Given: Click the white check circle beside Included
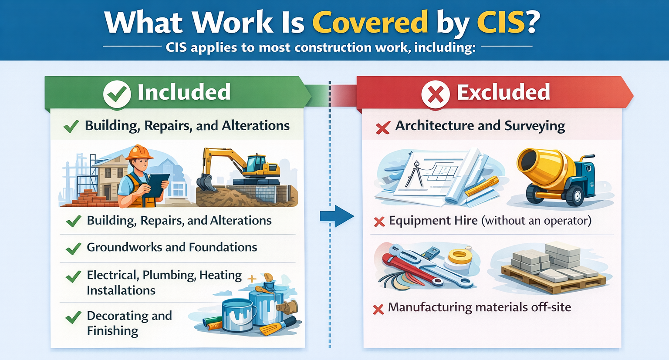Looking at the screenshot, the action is tap(117, 94).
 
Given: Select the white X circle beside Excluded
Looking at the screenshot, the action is tap(435, 94).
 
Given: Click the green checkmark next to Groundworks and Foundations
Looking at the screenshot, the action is tap(73, 249).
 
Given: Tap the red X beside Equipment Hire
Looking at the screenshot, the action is tap(379, 222).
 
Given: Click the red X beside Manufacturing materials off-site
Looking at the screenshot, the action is tap(378, 309).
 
